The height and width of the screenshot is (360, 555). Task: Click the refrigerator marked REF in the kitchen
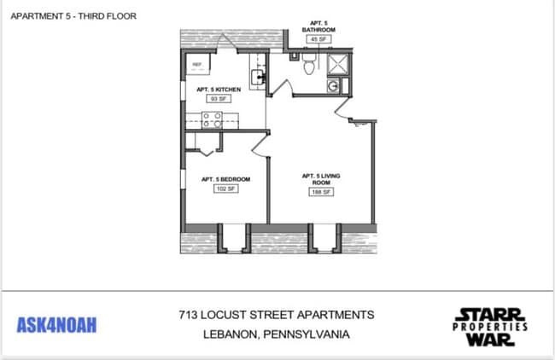point(197,65)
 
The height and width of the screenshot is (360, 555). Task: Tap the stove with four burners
point(211,119)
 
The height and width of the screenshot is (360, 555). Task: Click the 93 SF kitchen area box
point(219,99)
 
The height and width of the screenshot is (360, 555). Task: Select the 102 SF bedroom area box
point(225,189)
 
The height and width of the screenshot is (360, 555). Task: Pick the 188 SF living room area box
point(320,192)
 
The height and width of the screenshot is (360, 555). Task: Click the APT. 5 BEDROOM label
point(225,179)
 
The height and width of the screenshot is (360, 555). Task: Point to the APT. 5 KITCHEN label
point(219,90)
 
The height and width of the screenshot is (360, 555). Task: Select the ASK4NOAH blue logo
point(57,325)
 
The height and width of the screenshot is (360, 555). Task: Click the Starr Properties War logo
point(489,325)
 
